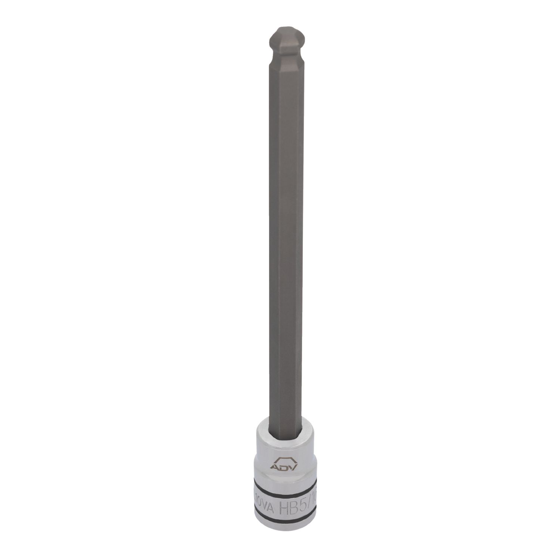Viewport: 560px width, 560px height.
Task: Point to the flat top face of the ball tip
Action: [x=282, y=30]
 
